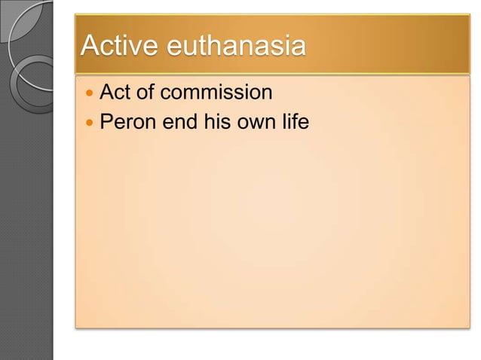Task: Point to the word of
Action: coord(149,93)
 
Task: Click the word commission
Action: coord(218,93)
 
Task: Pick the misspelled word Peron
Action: coord(127,121)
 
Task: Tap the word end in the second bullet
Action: coord(179,121)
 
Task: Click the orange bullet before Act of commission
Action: coord(90,94)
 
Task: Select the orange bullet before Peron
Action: coord(90,122)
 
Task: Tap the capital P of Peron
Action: coord(106,121)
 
